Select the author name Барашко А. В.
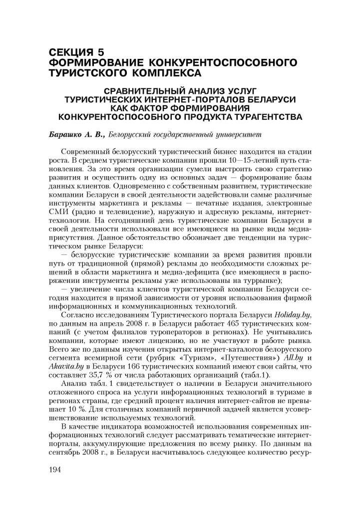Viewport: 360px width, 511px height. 76,135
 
